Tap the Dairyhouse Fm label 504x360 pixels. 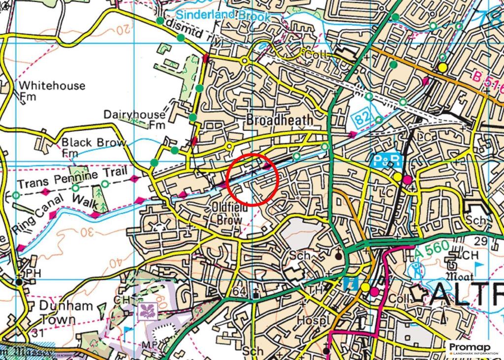coord(134,119)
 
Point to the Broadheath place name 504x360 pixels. coord(279,120)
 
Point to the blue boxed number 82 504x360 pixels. coord(363,119)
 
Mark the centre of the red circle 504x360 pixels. coord(254,179)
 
